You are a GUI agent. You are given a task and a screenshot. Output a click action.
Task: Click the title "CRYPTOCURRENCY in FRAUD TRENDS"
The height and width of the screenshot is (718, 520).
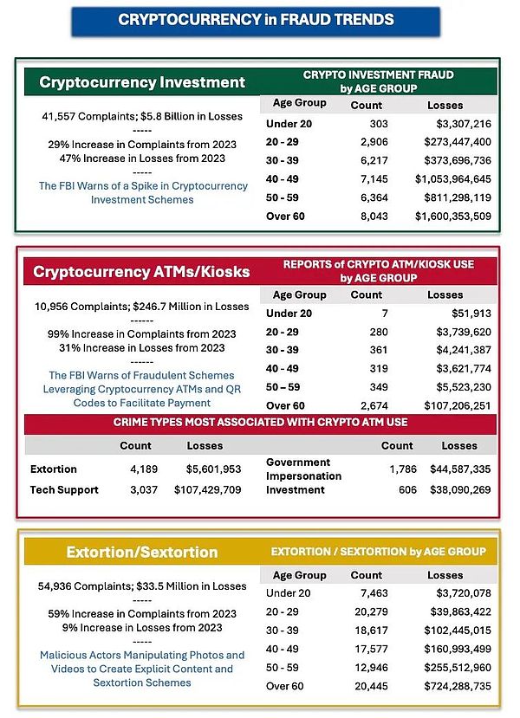pyautogui.click(x=256, y=19)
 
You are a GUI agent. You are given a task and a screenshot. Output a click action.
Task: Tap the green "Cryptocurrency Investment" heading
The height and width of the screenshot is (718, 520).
pyautogui.click(x=142, y=83)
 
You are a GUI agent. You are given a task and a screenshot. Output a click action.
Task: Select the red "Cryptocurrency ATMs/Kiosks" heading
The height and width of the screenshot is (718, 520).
pyautogui.click(x=141, y=272)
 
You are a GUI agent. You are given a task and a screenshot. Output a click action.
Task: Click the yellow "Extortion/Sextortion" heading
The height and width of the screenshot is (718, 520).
pyautogui.click(x=141, y=552)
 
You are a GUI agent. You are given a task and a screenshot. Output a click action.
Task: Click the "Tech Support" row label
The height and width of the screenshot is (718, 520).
pyautogui.click(x=64, y=489)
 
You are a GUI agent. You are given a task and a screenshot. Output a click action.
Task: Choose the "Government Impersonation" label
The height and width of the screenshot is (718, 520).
pyautogui.click(x=303, y=469)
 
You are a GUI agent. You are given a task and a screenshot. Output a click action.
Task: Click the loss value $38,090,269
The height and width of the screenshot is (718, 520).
pyautogui.click(x=459, y=489)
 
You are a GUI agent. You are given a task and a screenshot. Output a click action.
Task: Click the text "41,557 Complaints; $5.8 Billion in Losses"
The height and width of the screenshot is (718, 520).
pyautogui.click(x=142, y=116)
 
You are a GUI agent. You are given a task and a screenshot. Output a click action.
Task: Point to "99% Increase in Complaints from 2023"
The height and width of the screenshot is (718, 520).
pyautogui.click(x=141, y=333)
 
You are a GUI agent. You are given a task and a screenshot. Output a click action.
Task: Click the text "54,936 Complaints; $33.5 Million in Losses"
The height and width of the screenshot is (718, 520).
pyautogui.click(x=142, y=586)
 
